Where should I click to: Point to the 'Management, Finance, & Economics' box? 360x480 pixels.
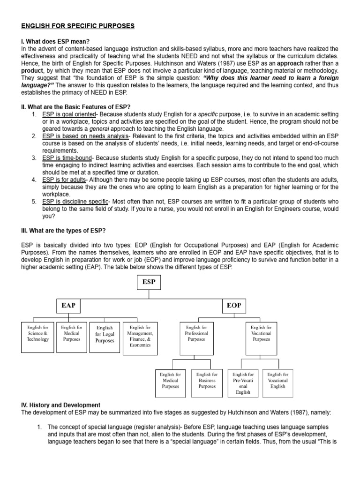click(140, 337)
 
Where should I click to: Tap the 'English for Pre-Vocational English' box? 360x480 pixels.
click(243, 383)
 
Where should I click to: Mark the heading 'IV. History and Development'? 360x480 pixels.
click(61, 405)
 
